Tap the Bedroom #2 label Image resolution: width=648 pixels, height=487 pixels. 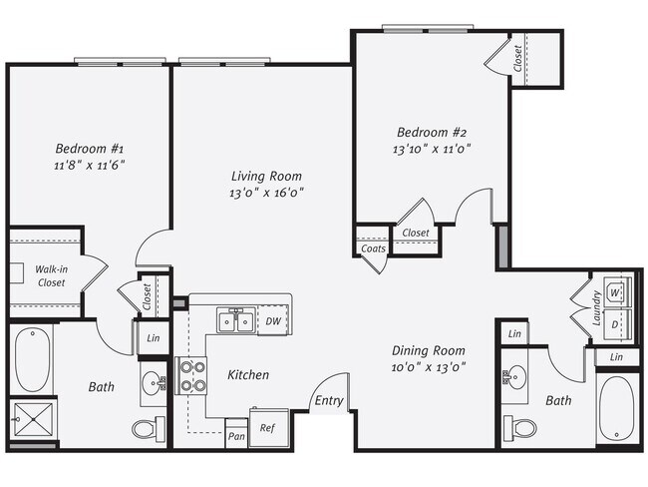click(x=432, y=132)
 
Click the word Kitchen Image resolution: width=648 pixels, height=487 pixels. click(x=248, y=375)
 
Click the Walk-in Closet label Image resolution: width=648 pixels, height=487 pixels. click(x=51, y=275)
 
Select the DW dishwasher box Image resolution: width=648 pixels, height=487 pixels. click(x=273, y=321)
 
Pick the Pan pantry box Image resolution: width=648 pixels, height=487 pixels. click(x=236, y=436)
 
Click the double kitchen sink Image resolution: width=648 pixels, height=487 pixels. click(x=235, y=321)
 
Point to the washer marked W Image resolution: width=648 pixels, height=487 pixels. click(x=615, y=292)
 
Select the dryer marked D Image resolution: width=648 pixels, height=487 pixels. click(x=615, y=325)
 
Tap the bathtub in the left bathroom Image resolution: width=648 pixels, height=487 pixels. click(x=32, y=360)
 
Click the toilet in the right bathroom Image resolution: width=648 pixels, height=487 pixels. click(x=519, y=427)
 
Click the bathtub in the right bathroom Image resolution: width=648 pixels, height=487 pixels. click(x=618, y=407)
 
